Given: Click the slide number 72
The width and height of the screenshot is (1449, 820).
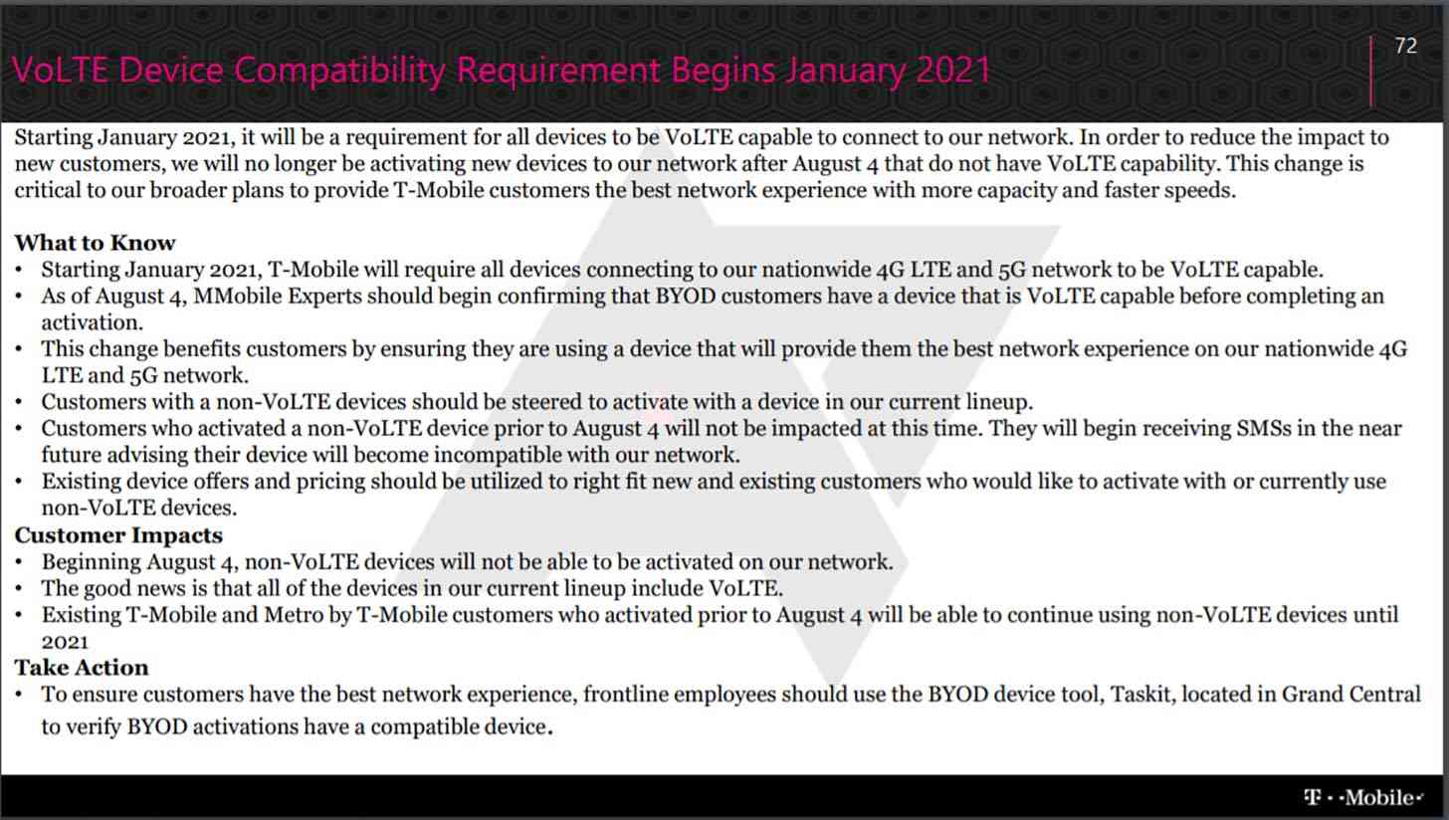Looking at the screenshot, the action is point(1405,46).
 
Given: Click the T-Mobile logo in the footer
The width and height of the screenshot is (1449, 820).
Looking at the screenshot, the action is point(1363,797).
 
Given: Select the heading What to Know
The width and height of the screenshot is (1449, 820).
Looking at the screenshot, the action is point(96,243).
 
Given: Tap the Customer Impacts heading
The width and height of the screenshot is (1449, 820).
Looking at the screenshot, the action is point(118,535).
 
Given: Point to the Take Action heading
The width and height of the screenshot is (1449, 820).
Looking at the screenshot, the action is point(82,668).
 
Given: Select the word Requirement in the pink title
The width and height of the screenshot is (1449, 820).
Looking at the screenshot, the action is point(558,70).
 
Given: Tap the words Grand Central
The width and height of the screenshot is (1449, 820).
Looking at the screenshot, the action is point(1350,694).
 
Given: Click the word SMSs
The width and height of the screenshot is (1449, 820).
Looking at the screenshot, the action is point(1264,428).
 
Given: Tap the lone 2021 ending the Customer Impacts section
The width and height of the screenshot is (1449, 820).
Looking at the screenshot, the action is point(65,642).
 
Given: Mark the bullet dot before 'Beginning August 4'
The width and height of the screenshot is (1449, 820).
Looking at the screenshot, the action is point(20,562).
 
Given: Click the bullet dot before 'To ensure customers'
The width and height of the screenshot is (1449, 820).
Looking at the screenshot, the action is point(20,695).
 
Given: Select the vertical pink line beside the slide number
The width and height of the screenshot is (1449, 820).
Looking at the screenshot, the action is point(1370,71).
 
